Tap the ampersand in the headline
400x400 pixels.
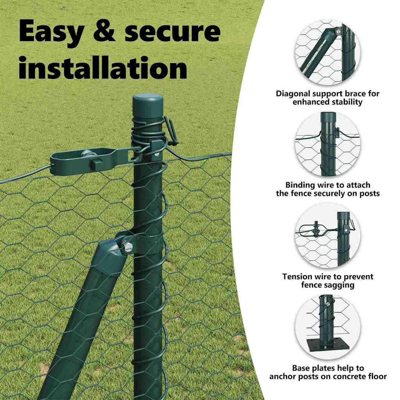[104, 31]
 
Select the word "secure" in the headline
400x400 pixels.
[172, 31]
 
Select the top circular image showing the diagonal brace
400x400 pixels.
[328, 53]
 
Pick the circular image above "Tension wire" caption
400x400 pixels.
[328, 236]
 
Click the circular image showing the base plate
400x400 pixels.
[328, 327]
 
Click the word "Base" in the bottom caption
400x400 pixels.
[302, 368]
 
